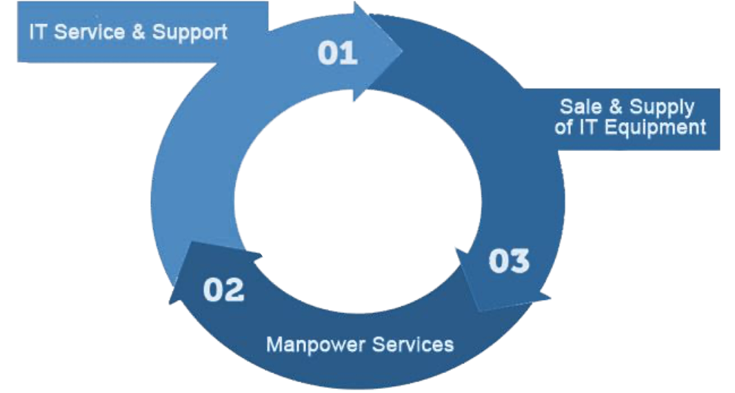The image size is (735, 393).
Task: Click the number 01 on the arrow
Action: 338,53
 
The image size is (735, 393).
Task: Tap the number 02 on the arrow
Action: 223,290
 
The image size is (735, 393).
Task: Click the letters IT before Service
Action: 37,32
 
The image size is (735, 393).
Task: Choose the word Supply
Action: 661,108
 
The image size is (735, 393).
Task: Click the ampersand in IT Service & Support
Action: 138,32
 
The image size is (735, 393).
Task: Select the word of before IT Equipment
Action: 564,128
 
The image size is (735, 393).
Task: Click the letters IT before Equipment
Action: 590,128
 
